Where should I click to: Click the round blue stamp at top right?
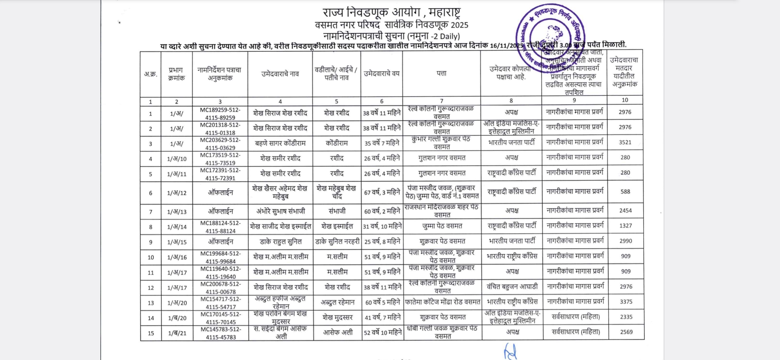coord(550,37)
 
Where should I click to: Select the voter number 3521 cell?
coord(625,142)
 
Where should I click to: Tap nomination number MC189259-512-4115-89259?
coord(220,114)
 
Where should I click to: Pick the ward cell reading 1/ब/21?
coord(177,333)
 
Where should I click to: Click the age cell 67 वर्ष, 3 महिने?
coord(382,192)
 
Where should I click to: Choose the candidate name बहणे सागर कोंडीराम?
coord(280,143)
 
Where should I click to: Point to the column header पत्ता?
coord(441,73)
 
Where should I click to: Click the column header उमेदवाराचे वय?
coord(381,73)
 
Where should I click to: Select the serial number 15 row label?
coord(151,333)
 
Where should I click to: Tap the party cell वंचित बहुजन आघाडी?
coord(512,287)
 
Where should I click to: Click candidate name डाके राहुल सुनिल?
coord(280,242)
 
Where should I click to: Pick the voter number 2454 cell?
coord(625,210)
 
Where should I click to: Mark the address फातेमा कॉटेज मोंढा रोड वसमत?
coord(442,302)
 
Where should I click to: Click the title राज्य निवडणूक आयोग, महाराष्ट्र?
coord(391,13)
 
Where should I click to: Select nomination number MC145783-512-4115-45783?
coord(221,333)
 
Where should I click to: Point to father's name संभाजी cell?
coord(337,211)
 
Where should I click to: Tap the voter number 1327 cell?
coord(625,226)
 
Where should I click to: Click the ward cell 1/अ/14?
coord(177,227)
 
